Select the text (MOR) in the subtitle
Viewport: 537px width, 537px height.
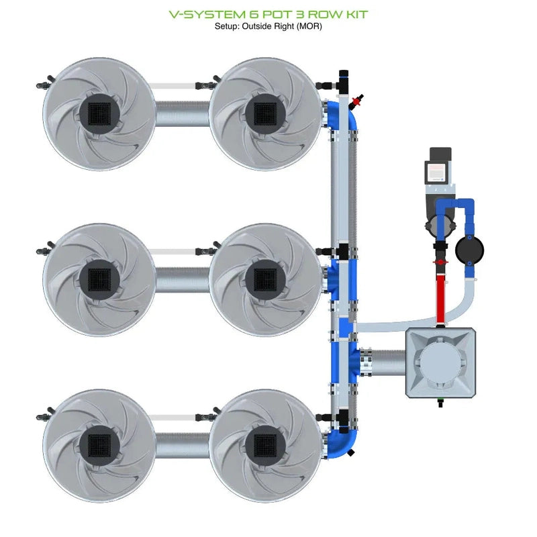click(x=307, y=26)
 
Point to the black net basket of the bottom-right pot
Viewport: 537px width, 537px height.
click(x=266, y=444)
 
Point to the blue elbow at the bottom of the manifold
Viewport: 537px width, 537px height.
click(x=344, y=443)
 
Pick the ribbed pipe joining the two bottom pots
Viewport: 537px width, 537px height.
click(x=182, y=444)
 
